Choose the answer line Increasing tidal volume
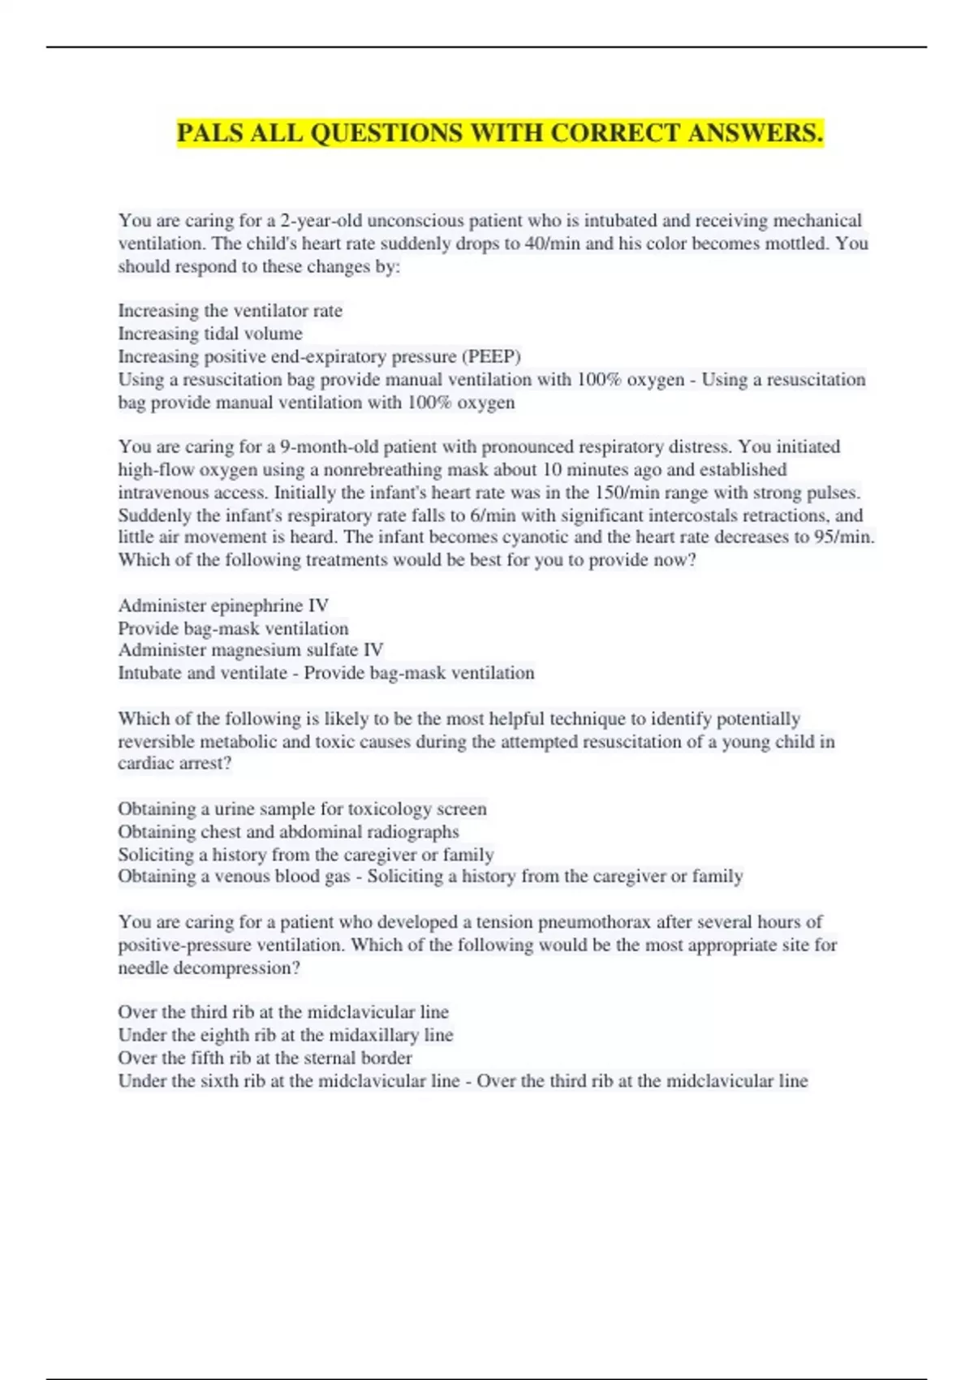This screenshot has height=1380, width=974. click(210, 334)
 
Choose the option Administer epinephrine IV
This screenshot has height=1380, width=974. click(223, 605)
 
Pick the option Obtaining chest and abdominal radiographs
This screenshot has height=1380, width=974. click(288, 831)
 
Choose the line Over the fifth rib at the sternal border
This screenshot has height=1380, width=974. click(265, 1058)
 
